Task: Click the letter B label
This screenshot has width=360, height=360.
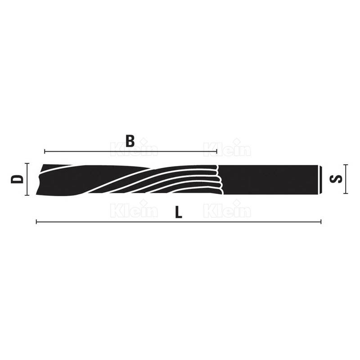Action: point(130,141)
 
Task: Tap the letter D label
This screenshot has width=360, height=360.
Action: point(17,179)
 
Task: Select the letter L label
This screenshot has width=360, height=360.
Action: point(179,212)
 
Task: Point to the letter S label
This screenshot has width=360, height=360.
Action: point(336,179)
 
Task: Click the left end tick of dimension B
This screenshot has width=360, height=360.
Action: point(45,151)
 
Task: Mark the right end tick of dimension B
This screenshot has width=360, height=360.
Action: point(217,151)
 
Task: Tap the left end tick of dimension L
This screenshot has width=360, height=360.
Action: point(36,222)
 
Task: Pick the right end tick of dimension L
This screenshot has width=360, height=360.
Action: point(321,222)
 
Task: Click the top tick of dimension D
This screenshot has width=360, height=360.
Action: point(27,163)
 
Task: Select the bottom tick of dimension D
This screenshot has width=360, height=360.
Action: point(27,195)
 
